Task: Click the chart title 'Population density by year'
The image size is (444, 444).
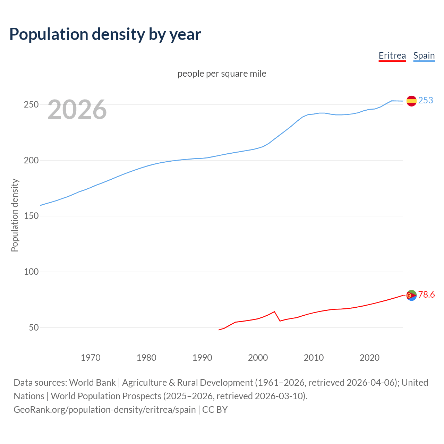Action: [x=105, y=34]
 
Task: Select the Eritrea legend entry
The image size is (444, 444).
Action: [x=392, y=55]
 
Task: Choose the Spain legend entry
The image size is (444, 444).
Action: [x=424, y=55]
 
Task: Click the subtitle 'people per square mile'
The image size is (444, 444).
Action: [x=222, y=74]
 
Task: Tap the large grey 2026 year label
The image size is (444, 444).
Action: [x=77, y=110]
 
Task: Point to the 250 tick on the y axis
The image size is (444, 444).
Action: [x=31, y=104]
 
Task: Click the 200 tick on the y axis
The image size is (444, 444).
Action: [x=31, y=160]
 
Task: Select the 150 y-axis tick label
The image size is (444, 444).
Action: [x=31, y=216]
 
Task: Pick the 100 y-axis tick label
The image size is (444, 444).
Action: [x=31, y=272]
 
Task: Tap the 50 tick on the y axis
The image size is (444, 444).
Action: [x=33, y=327]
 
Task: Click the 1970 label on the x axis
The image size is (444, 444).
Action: [x=91, y=358]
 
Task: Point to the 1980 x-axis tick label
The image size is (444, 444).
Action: [x=146, y=358]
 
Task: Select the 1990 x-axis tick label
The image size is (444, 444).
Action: [x=202, y=358]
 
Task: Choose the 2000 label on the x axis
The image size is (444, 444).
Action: [x=258, y=358]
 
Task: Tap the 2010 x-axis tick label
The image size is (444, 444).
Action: [x=314, y=358]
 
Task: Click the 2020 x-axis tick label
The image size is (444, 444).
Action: [x=369, y=358]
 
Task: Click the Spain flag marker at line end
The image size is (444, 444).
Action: [x=411, y=101]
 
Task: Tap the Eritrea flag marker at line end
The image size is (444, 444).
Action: [x=411, y=295]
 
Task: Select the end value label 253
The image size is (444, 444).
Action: [x=426, y=100]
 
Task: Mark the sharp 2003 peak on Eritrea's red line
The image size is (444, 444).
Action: [x=274, y=311]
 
